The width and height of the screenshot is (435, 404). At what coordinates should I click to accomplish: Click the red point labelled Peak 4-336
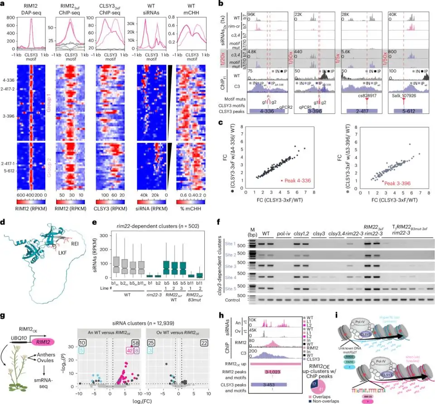[x=282, y=180]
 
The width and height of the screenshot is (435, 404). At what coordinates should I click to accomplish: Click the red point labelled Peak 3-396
[x=382, y=181]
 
